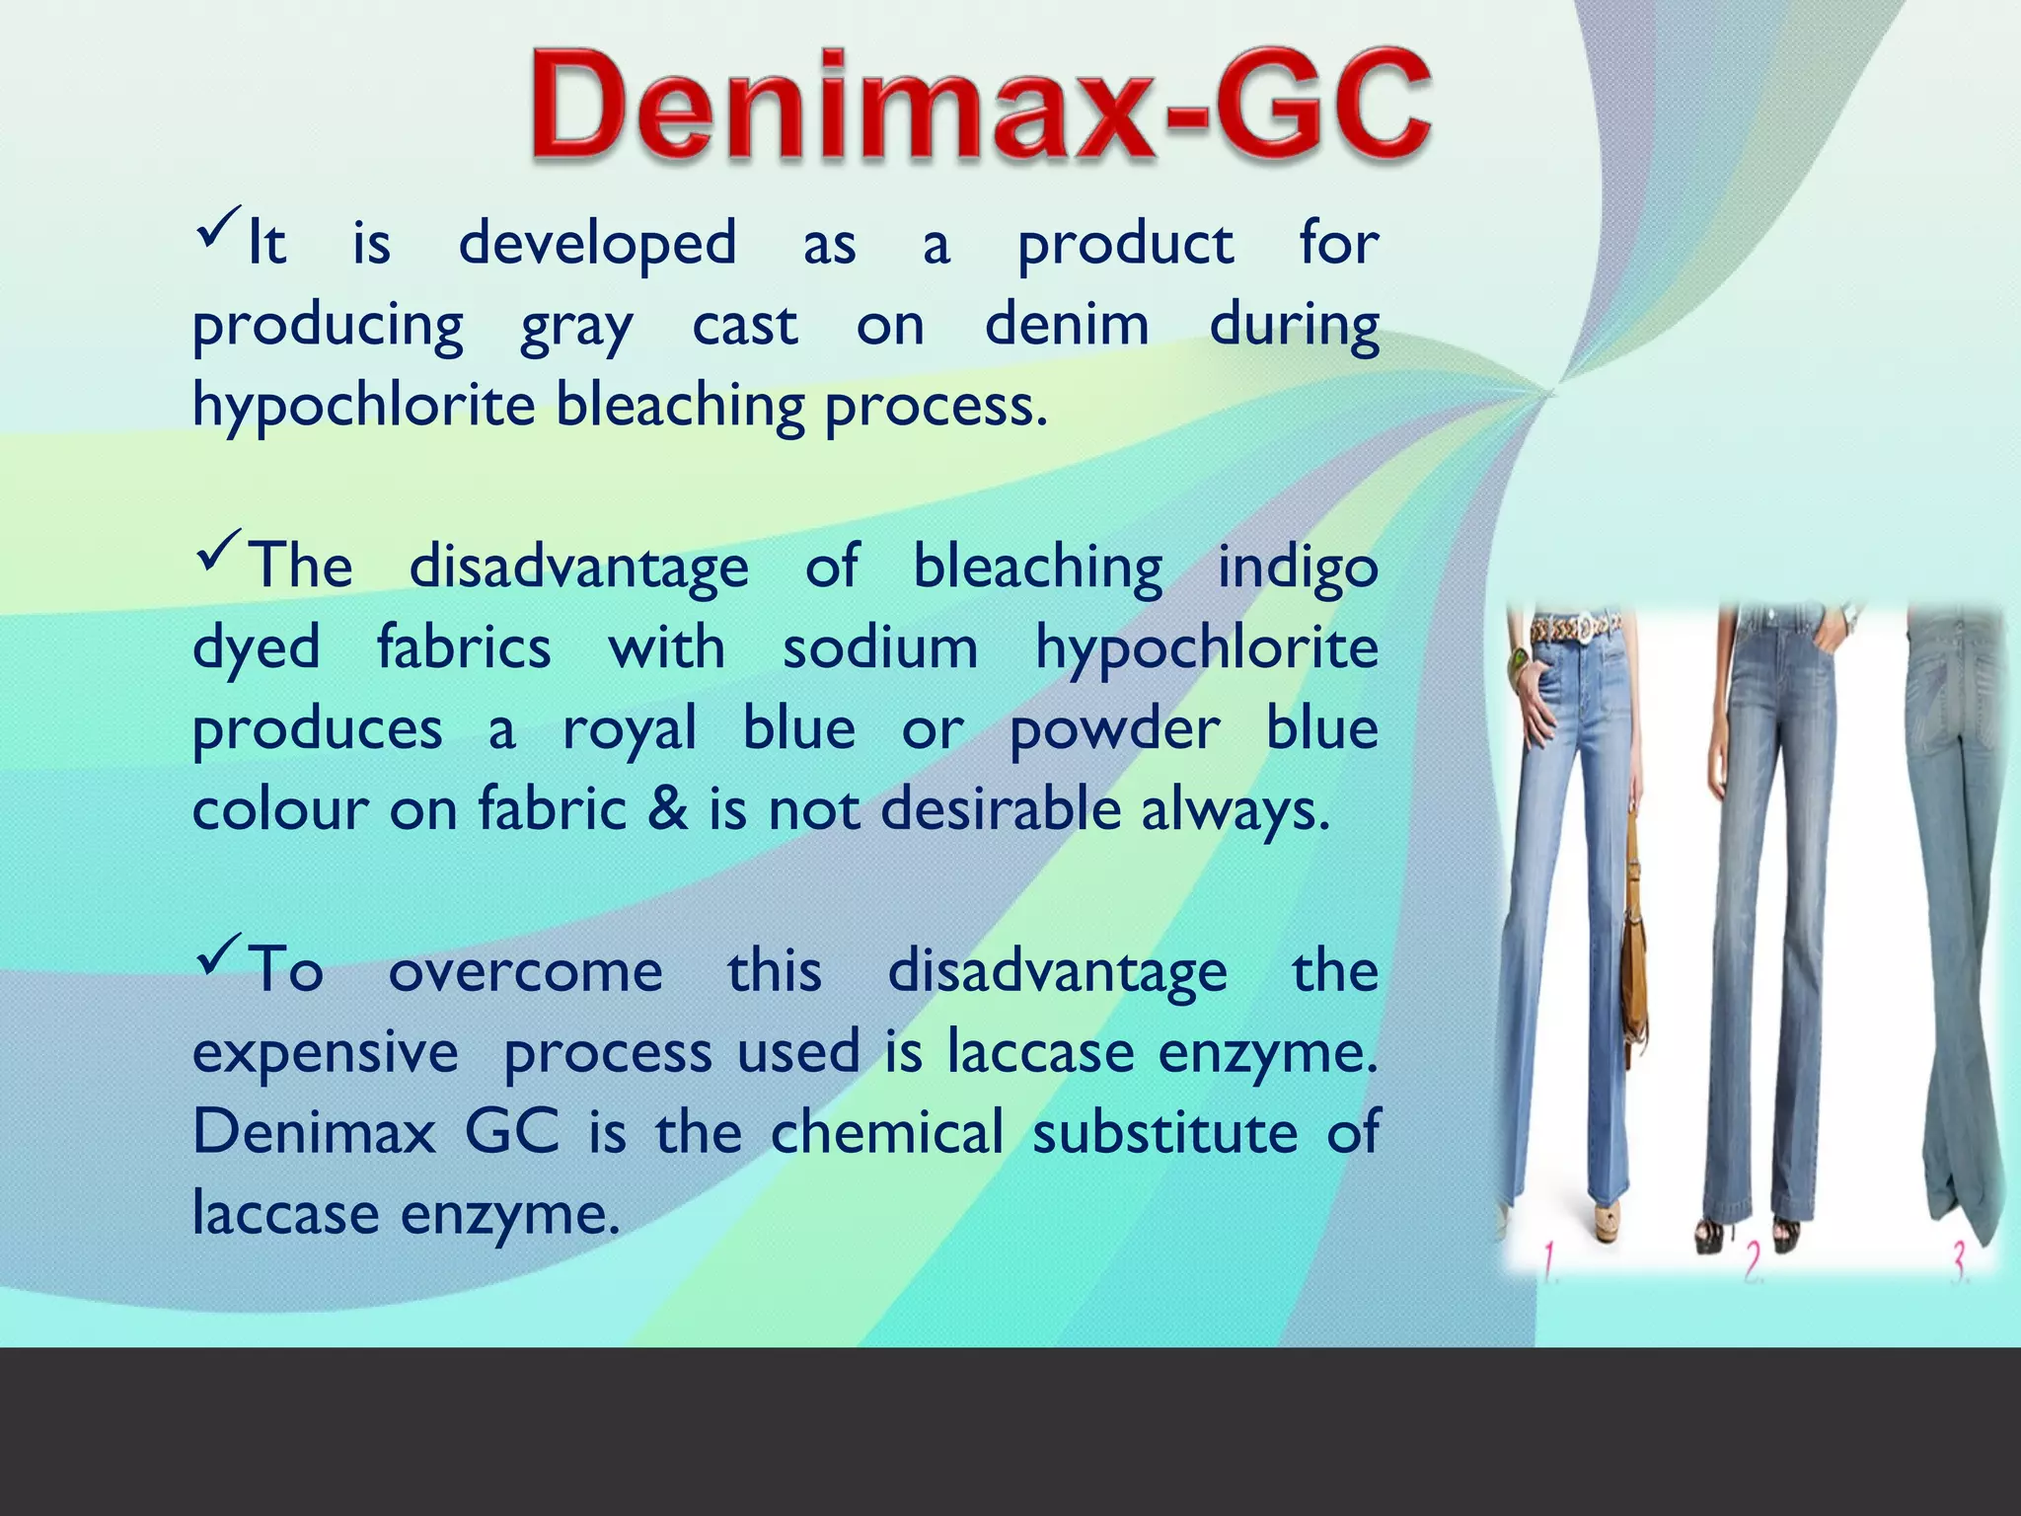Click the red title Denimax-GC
[981, 107]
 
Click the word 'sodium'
[880, 648]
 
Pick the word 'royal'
[630, 731]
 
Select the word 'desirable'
[1001, 808]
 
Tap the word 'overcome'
[526, 971]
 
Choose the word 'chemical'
[886, 1132]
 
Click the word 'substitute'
[1164, 1132]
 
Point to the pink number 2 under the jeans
[1753, 1261]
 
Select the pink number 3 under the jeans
[1960, 1261]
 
